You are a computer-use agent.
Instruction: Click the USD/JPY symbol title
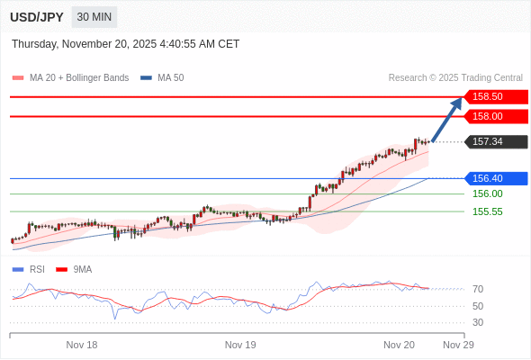coord(37,17)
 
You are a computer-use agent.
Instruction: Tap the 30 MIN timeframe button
coord(94,17)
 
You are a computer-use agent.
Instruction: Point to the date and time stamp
coord(126,43)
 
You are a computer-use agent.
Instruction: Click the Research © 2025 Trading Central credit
coord(455,78)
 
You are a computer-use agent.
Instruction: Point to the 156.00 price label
coord(487,193)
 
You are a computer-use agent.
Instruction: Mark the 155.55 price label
coord(487,211)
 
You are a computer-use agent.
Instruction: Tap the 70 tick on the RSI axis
coord(478,289)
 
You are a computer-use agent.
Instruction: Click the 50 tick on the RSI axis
coord(478,306)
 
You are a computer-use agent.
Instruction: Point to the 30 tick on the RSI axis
coord(478,322)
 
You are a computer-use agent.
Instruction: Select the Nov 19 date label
coord(240,345)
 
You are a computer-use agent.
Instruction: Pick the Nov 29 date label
coord(458,345)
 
